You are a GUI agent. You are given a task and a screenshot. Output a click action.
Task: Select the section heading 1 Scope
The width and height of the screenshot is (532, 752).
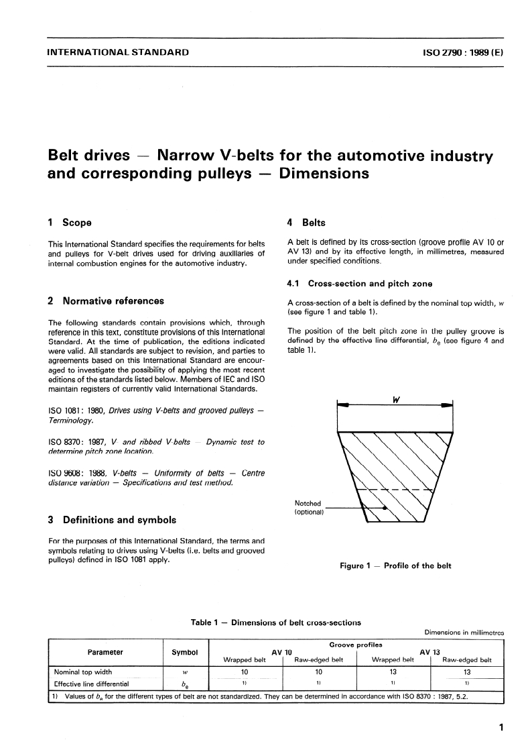coord(70,222)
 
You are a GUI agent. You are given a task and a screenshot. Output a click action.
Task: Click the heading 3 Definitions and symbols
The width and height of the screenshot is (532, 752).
coord(113,519)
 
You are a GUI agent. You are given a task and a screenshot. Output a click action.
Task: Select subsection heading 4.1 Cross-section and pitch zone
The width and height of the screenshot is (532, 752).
coord(359,284)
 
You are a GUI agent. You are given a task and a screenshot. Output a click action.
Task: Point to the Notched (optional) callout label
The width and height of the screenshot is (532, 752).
coord(309,508)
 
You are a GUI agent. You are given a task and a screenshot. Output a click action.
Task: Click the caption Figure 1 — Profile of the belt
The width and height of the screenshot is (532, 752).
coord(396,566)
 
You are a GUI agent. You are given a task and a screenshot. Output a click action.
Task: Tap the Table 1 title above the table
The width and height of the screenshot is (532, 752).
coord(275,623)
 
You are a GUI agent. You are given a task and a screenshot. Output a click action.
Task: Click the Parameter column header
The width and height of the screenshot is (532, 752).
coord(105,652)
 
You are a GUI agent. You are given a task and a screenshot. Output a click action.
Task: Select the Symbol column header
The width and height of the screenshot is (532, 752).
coord(185,652)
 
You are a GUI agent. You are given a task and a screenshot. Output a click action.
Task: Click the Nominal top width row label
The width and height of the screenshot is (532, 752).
coord(83,672)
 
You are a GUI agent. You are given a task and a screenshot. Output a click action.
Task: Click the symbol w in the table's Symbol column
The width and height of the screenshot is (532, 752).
coord(185,672)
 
